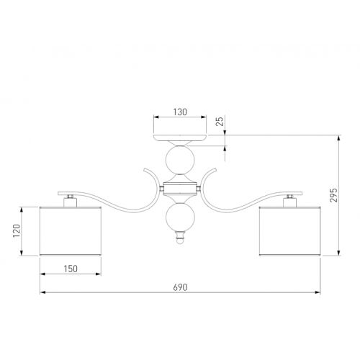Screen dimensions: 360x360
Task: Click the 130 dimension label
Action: [180, 112]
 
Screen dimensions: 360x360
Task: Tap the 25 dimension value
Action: [220, 121]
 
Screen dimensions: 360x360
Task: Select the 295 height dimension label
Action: [333, 195]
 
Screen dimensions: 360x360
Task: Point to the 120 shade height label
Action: [17, 230]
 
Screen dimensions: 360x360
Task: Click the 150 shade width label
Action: [71, 269]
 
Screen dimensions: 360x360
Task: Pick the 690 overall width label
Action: [180, 287]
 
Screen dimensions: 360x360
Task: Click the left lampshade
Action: [71, 230]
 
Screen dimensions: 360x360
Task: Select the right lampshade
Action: [289, 230]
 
